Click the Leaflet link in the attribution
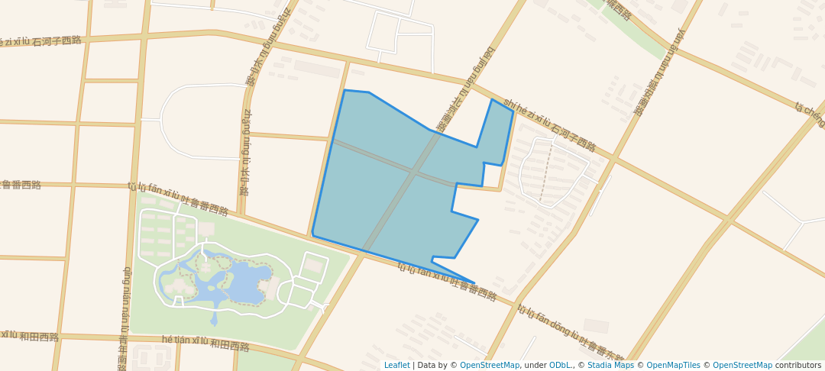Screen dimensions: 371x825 click(x=396, y=365)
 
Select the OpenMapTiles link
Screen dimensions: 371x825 click(x=673, y=365)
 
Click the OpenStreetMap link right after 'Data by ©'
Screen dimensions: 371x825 click(x=489, y=365)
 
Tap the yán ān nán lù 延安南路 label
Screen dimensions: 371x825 click(x=659, y=73)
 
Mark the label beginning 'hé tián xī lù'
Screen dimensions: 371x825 click(x=205, y=343)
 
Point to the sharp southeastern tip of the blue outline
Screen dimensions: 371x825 click(x=474, y=283)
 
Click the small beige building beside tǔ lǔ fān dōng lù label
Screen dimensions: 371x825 click(x=596, y=326)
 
